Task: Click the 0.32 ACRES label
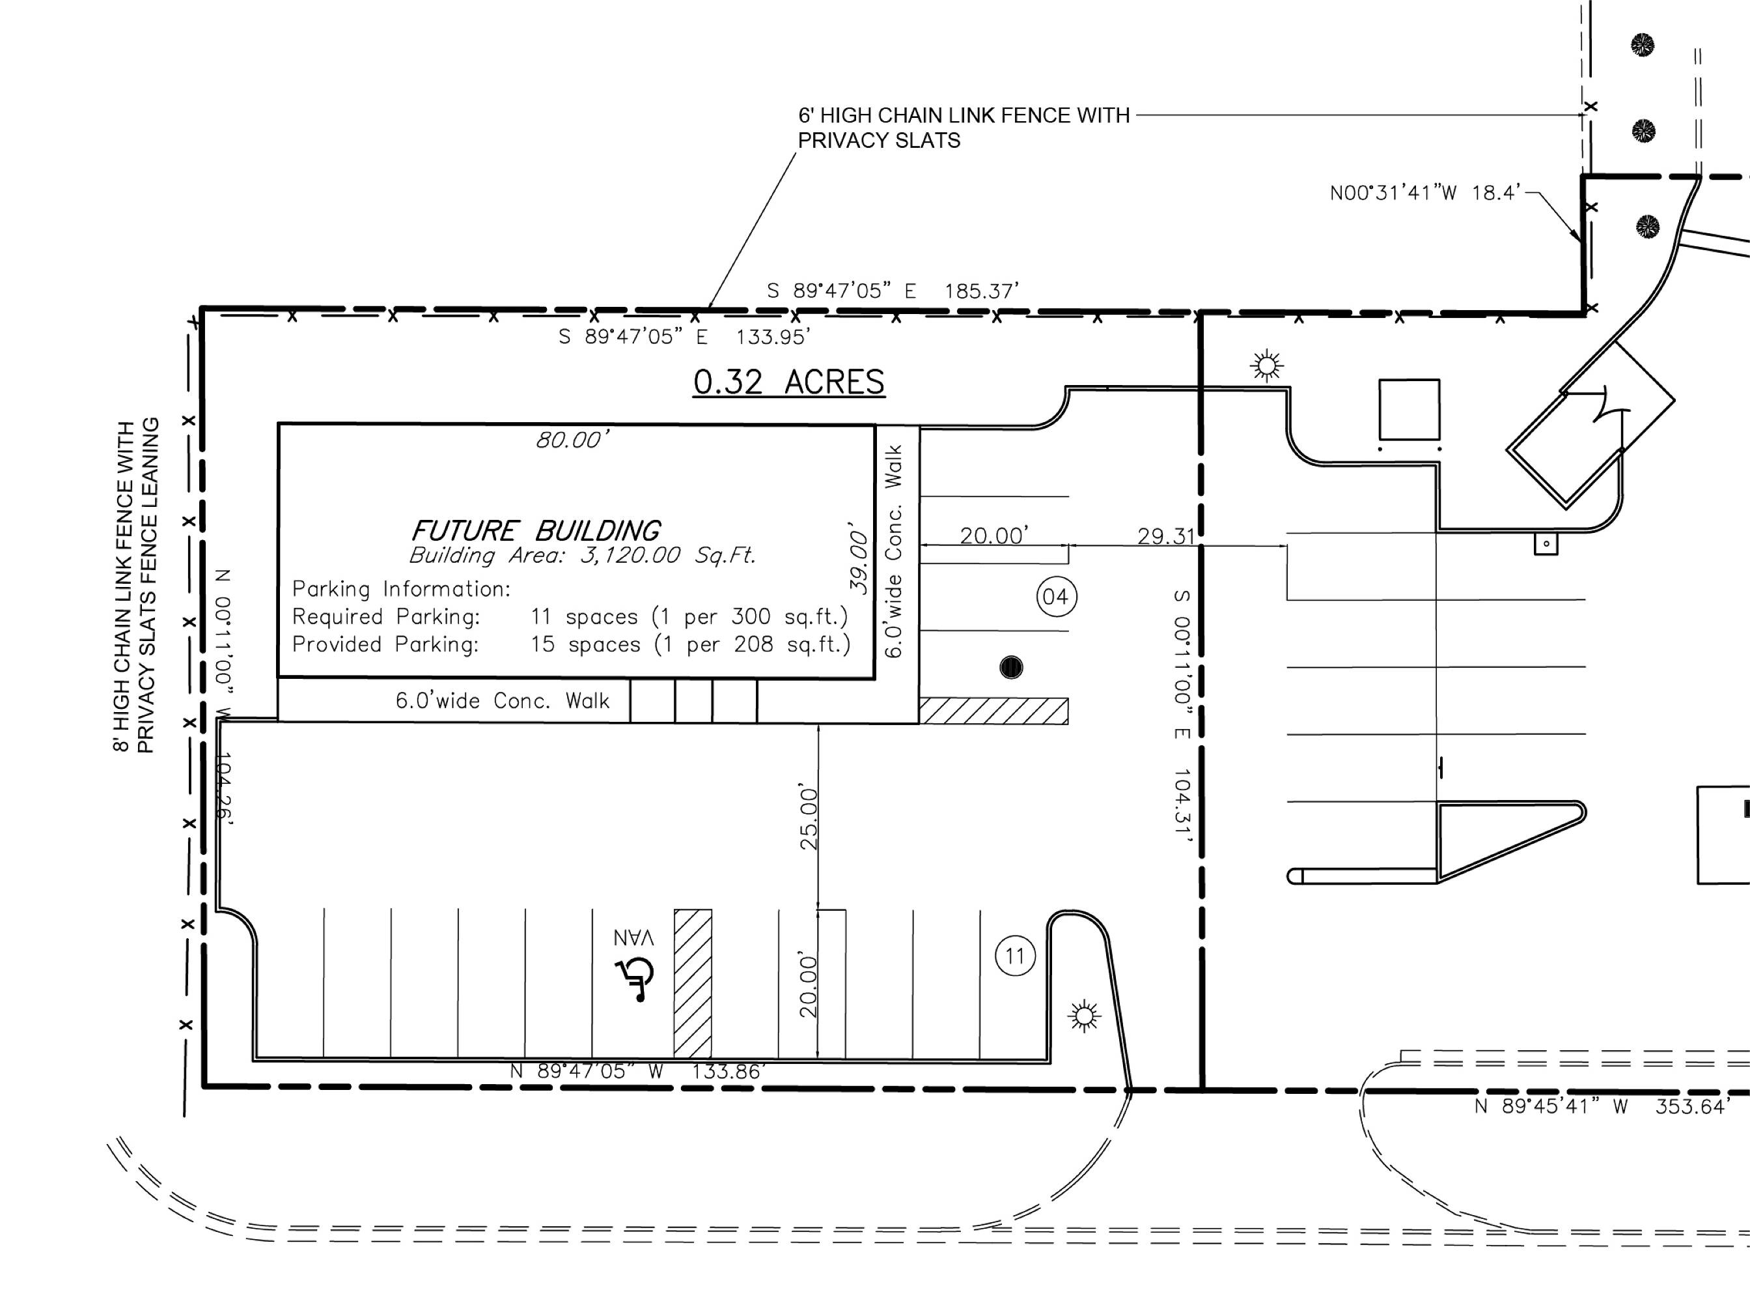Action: pyautogui.click(x=788, y=382)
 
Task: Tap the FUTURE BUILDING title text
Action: pyautogui.click(x=536, y=530)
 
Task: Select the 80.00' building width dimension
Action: pyautogui.click(x=572, y=439)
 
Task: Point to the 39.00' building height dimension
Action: pyautogui.click(x=859, y=557)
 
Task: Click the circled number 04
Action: pyautogui.click(x=1056, y=596)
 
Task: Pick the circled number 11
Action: pyautogui.click(x=1016, y=956)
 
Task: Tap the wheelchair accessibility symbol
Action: pyautogui.click(x=635, y=979)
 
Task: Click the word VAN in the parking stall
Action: pyautogui.click(x=635, y=938)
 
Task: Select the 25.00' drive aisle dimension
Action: pyautogui.click(x=810, y=817)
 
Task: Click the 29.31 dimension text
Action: pyautogui.click(x=1166, y=536)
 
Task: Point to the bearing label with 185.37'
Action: pyautogui.click(x=893, y=291)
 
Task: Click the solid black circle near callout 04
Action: pyautogui.click(x=1011, y=667)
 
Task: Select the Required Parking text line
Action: pyautogui.click(x=570, y=616)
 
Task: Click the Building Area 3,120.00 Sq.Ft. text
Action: pyautogui.click(x=583, y=555)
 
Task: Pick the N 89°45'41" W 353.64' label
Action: pyautogui.click(x=1602, y=1107)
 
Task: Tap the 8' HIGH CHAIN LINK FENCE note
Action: pyautogui.click(x=135, y=584)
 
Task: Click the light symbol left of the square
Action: pyautogui.click(x=1267, y=365)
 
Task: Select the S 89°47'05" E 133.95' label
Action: pyautogui.click(x=684, y=337)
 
